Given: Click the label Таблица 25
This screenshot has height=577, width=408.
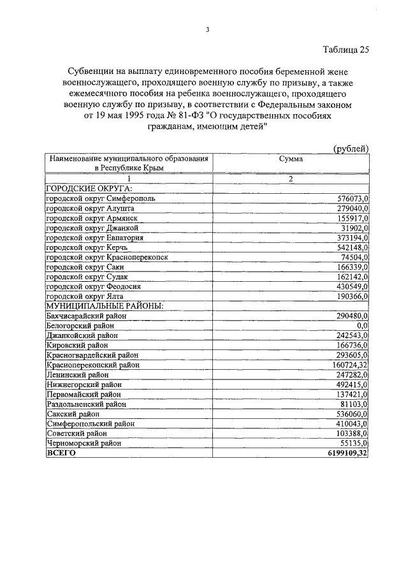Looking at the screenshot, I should (346, 49).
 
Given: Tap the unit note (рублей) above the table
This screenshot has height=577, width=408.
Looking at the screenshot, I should (351, 149).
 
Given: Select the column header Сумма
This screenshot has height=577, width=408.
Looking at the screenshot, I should (291, 159).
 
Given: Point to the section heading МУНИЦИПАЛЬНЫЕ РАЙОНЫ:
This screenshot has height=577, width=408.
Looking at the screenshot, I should (105, 306).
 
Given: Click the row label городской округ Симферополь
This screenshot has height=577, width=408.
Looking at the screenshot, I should (100, 198).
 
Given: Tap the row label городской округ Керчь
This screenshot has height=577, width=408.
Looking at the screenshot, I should (89, 247).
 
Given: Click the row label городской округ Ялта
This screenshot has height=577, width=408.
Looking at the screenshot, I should (88, 296).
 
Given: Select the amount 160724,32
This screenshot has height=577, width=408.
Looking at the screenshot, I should (349, 365).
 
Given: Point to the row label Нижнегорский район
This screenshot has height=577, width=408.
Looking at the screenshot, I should (84, 384).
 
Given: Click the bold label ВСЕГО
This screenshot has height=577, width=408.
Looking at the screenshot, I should (61, 453).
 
